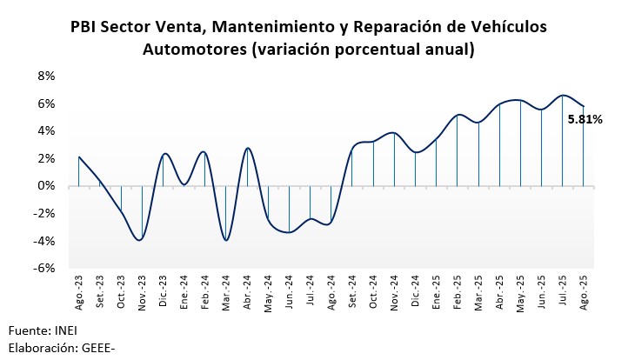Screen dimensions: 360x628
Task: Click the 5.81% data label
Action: [x=585, y=120]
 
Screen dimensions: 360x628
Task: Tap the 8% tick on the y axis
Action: [x=45, y=76]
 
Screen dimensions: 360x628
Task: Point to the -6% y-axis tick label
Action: [x=43, y=269]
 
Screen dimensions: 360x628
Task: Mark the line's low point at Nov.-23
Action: [x=141, y=240]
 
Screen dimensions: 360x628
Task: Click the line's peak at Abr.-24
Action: [x=248, y=148]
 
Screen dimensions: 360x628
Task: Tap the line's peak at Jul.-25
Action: [x=563, y=95]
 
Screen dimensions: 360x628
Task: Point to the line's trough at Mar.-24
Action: [x=226, y=240]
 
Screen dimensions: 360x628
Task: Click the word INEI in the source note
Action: [x=67, y=331]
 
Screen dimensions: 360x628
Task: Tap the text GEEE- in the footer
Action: [x=98, y=348]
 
